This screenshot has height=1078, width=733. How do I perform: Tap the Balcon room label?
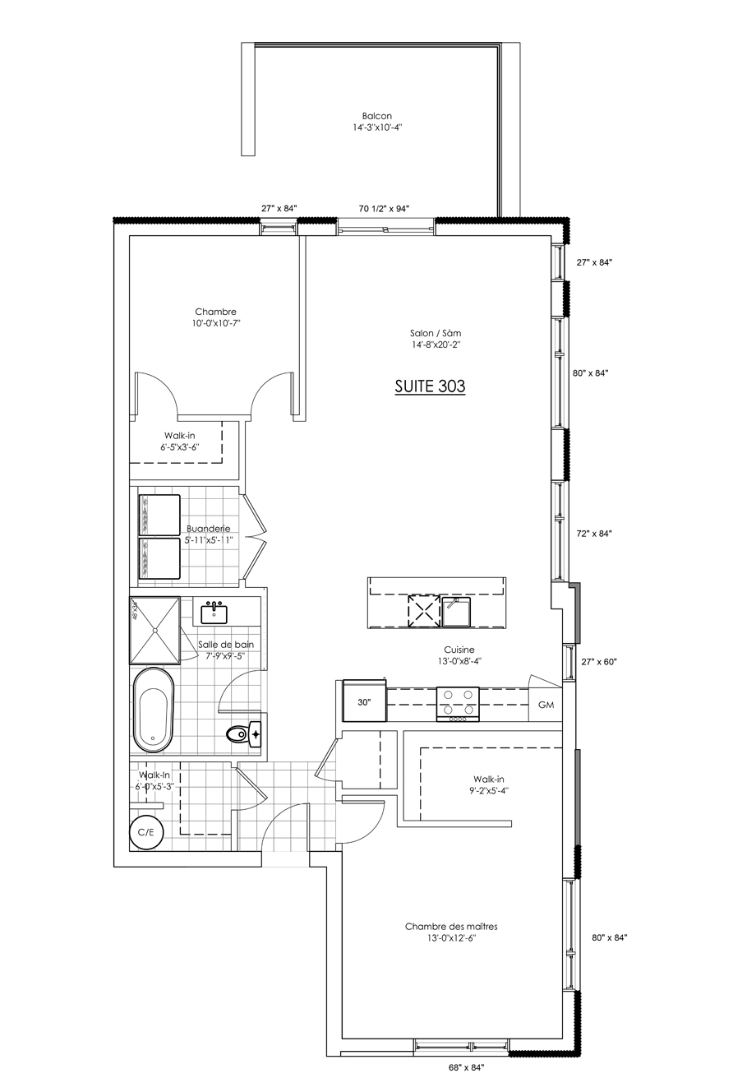[x=377, y=115]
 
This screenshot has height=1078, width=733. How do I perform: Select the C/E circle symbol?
[x=146, y=832]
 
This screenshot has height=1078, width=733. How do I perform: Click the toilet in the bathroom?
[x=244, y=734]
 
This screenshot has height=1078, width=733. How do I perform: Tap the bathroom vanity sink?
[x=214, y=612]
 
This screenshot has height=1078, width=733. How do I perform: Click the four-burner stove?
[x=458, y=704]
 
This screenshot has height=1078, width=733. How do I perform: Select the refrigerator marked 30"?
[x=364, y=701]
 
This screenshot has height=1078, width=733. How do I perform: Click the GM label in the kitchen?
[x=546, y=705]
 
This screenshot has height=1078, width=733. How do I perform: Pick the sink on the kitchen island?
[x=456, y=611]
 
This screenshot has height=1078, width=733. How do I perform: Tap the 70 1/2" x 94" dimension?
[x=384, y=208]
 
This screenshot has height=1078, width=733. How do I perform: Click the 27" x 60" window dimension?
[x=599, y=661]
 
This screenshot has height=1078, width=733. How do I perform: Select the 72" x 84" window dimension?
[x=594, y=533]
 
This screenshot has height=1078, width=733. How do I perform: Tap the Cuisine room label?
[x=459, y=650]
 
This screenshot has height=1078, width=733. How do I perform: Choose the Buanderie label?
[x=208, y=529]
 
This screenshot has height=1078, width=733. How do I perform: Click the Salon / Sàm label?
[x=436, y=332]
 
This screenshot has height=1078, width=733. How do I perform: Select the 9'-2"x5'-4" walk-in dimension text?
[x=489, y=790]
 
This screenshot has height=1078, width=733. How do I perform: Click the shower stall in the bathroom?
[x=154, y=630]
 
